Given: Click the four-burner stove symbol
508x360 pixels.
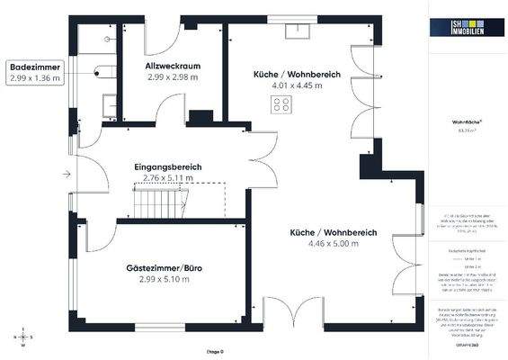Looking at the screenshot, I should coord(281,103).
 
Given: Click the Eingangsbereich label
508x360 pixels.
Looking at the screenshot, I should coord(168,167).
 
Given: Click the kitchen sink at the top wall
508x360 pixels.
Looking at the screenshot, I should coord(294,28).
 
